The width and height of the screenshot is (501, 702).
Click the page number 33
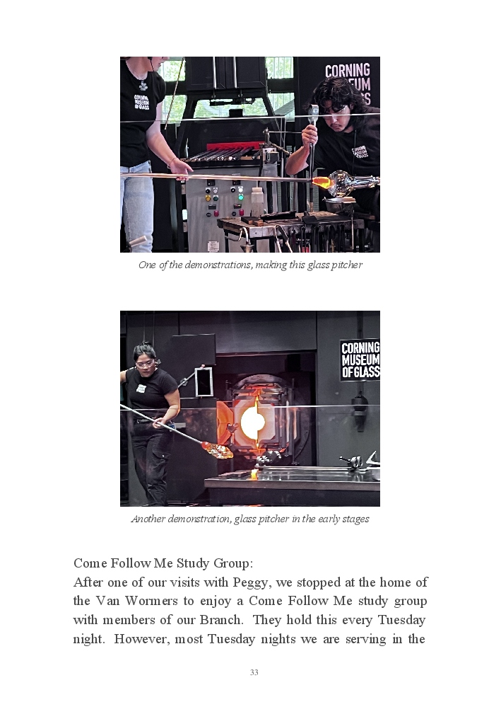click(x=254, y=672)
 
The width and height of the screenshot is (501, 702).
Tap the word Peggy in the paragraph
click(x=251, y=582)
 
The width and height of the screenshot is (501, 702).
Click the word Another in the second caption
click(x=148, y=519)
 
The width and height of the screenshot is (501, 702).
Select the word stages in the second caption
click(x=355, y=519)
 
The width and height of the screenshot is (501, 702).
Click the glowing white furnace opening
click(x=253, y=422)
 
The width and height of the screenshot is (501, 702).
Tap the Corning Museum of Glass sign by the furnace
click(x=360, y=360)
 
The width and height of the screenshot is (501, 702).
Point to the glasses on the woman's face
click(x=146, y=364)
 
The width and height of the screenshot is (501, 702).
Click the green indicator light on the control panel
click(x=241, y=197)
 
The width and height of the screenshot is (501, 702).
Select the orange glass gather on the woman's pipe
click(x=218, y=450)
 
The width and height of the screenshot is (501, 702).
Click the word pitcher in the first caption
click(x=347, y=265)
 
